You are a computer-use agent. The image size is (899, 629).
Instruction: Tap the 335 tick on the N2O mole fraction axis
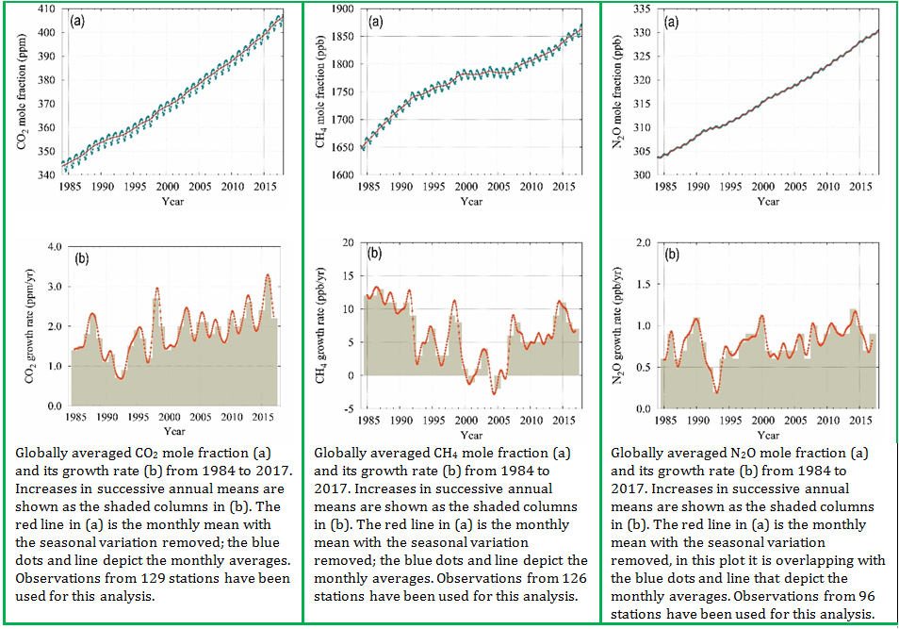[x=643, y=8]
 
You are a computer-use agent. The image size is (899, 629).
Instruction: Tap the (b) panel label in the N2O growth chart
[x=673, y=254]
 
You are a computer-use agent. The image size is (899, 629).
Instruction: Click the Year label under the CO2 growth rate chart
[x=172, y=432]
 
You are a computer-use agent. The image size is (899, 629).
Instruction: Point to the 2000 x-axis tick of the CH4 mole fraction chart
[x=466, y=187]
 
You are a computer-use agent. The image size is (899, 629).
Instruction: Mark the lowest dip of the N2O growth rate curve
[x=717, y=392]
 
